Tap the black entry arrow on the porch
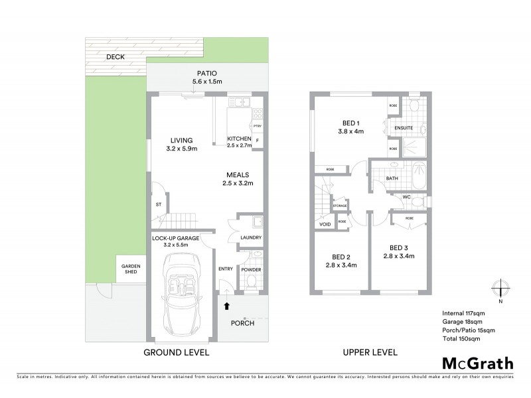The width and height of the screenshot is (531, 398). tap(227, 306)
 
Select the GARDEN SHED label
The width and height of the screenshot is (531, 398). tap(131, 269)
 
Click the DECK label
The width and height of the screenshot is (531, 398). tap(115, 57)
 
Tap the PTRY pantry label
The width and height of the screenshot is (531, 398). tap(256, 126)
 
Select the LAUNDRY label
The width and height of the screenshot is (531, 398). tap(251, 237)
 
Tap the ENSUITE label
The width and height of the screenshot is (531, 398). tap(404, 127)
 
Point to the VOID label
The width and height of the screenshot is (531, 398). tap(325, 224)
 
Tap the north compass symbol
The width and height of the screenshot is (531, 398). tap(500, 289)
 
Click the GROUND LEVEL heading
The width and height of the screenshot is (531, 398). tap(177, 352)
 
